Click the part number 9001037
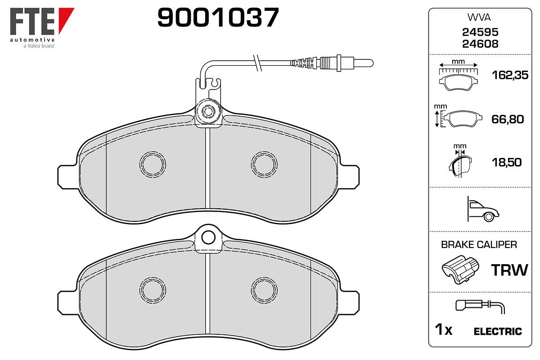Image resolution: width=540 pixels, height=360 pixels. click(218, 18)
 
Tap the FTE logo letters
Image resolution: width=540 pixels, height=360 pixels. click(32, 21)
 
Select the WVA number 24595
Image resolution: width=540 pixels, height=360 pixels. click(480, 32)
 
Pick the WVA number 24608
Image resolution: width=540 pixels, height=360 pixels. click(480, 44)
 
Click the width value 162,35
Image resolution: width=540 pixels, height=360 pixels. click(510, 75)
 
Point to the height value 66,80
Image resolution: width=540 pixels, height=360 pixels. click(508, 119)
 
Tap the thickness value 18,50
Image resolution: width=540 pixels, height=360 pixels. click(507, 162)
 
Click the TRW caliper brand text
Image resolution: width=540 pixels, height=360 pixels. click(509, 270)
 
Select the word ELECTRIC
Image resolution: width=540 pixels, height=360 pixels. click(498, 332)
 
